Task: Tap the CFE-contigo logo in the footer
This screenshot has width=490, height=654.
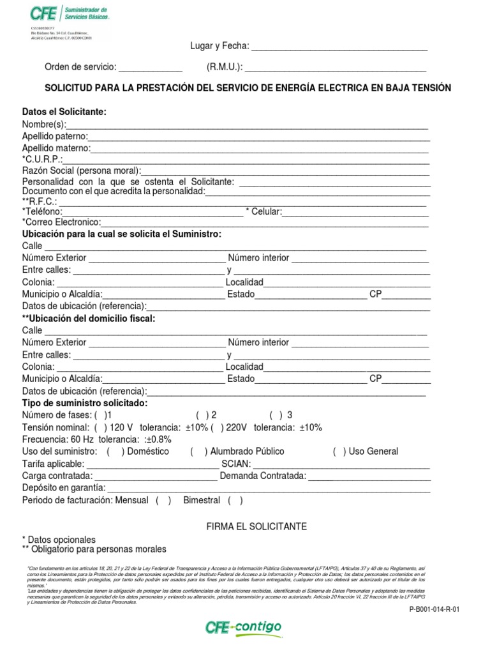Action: pos(243,628)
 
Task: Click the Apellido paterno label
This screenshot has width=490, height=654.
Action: pos(55,136)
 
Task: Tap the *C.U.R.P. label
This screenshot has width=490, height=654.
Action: pos(43,159)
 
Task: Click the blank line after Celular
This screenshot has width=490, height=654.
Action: pos(355,212)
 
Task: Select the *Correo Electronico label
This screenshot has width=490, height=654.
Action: pos(61,222)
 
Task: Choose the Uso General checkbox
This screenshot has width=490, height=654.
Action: pos(340,452)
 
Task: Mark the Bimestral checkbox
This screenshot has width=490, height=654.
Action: pos(235,500)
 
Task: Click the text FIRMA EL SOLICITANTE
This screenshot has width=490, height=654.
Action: pos(248,527)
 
